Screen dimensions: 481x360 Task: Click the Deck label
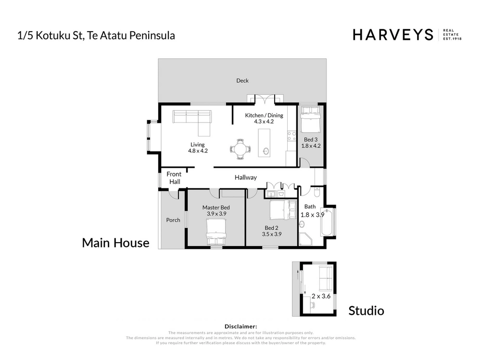pos(242,81)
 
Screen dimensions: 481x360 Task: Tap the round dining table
pos(240,149)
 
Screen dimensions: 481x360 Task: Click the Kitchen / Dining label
pos(264,115)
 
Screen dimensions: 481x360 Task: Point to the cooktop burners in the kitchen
pos(291,136)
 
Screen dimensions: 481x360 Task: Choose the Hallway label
pos(246,177)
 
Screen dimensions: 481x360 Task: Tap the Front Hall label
pos(174,178)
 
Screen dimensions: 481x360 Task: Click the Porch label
pos(173,220)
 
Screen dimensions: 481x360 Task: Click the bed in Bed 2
pos(283,210)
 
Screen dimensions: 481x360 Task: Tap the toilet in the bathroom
pos(317,192)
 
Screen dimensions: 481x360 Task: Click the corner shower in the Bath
pos(305,239)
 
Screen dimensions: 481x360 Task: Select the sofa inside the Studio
pos(326,278)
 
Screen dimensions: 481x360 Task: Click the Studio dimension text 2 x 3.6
pos(321,296)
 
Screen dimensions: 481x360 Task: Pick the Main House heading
pos(115,243)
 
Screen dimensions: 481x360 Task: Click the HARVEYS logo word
pos(393,35)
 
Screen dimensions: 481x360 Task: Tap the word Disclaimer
pos(241,326)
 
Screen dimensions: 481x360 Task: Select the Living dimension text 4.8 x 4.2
pos(198,151)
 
